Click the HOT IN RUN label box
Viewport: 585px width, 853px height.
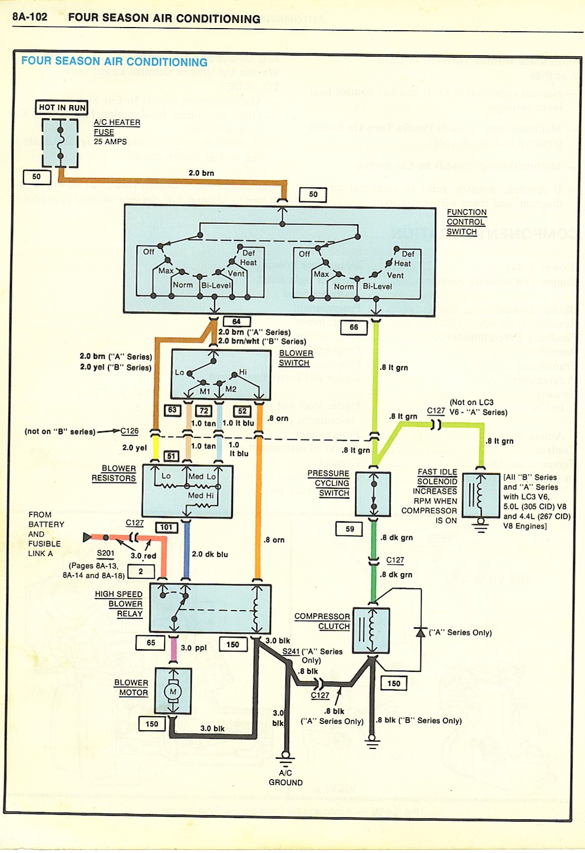(61, 108)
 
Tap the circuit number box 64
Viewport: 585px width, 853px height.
(237, 322)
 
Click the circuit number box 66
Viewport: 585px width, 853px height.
(354, 327)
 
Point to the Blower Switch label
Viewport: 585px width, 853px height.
(295, 358)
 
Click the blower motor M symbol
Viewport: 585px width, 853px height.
(173, 691)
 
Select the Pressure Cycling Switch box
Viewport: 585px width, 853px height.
(373, 494)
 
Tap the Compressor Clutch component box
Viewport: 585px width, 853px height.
(371, 631)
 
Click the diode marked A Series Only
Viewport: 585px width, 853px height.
(420, 632)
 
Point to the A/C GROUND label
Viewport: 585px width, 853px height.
(285, 778)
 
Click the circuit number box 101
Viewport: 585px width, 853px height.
(166, 527)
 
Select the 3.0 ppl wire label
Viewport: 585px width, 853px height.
(194, 648)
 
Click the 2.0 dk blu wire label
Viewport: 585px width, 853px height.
(210, 554)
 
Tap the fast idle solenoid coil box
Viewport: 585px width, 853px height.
(480, 495)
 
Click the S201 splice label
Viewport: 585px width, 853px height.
(106, 553)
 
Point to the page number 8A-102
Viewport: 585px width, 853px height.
(30, 17)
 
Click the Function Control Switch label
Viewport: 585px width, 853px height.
(466, 222)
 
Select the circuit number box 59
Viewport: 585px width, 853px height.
(350, 529)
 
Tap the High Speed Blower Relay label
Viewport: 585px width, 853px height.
(119, 604)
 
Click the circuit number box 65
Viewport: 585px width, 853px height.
(151, 643)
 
